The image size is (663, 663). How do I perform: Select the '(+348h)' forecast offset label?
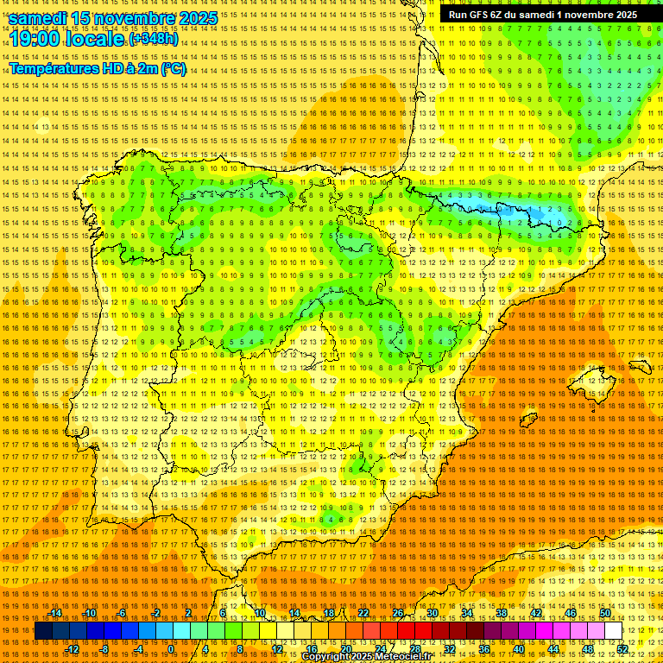pyautogui.click(x=154, y=39)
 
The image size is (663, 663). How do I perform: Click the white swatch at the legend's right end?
pyautogui.click(x=614, y=631)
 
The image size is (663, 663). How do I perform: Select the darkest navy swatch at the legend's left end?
pyautogui.click(x=43, y=631)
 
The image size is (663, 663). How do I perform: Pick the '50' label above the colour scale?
pyautogui.click(x=605, y=613)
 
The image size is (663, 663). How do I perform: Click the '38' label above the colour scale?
pyautogui.click(x=502, y=613)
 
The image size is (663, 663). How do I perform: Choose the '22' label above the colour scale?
pyautogui.click(x=363, y=613)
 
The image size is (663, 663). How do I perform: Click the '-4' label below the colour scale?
pyautogui.click(x=139, y=649)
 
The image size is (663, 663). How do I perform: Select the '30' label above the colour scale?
pyautogui.click(x=433, y=613)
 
